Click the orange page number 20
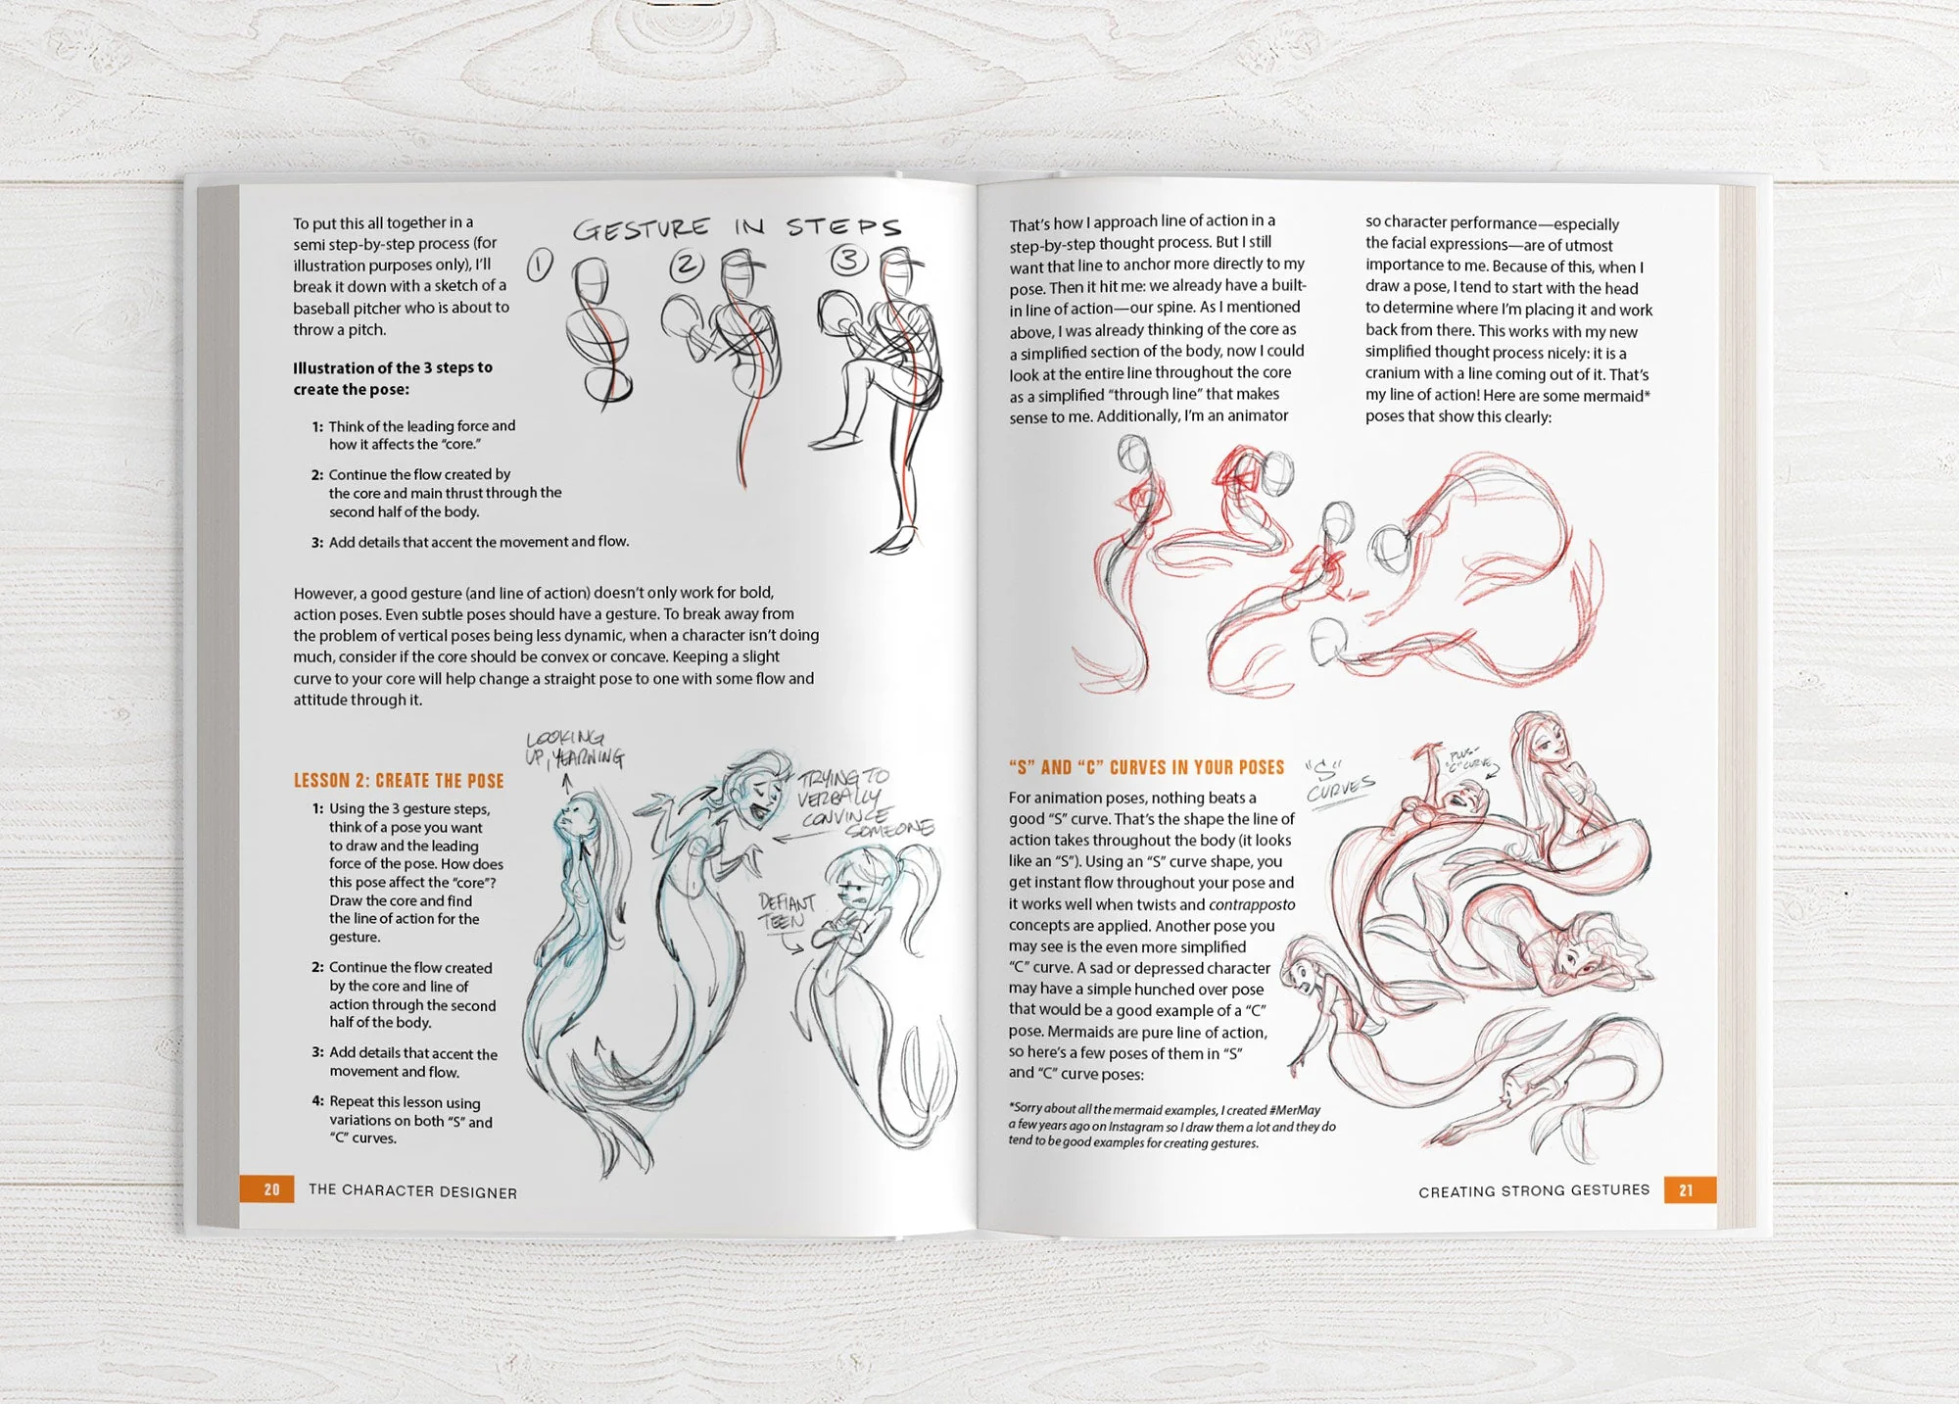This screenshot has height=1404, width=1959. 271,1189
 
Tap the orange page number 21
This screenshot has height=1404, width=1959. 1686,1190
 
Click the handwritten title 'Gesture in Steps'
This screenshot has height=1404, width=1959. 736,228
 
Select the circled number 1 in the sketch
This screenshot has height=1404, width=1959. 540,266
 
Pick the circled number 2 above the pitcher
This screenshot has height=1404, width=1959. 687,265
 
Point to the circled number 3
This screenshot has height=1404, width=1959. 848,260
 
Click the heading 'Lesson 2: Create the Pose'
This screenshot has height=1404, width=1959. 399,781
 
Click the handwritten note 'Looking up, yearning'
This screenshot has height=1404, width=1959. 574,748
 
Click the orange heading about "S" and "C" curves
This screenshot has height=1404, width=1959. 1146,767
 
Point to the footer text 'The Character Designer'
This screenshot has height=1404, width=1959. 412,1190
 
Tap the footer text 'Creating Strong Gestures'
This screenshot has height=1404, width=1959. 1534,1190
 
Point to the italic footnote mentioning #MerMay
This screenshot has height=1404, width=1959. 1171,1126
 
